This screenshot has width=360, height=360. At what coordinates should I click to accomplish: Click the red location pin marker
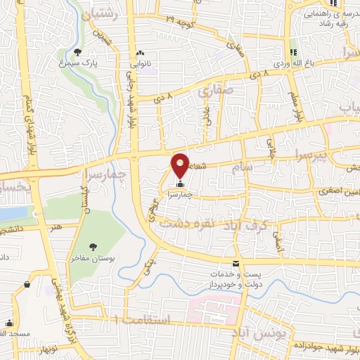tap(180, 165)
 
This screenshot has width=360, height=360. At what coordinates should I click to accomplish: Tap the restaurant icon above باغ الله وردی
tap(294, 51)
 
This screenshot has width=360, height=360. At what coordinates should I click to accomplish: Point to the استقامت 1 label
tap(148, 320)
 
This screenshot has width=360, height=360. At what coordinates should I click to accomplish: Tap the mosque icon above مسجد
tap(9, 324)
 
